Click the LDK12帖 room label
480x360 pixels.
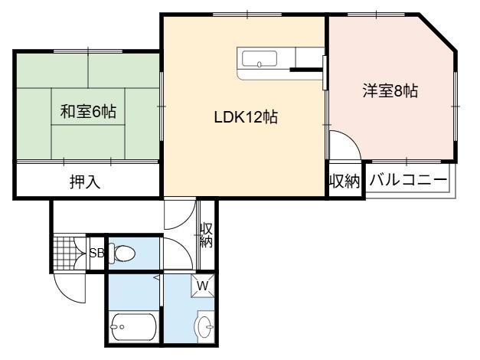coord(246,117)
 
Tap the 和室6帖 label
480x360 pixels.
coord(88,112)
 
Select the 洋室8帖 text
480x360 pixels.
coord(390,90)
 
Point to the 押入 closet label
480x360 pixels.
coord(85,182)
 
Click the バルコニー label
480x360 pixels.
coord(408,180)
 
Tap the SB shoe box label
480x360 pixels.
coord(96,253)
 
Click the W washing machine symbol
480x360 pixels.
coord(203,286)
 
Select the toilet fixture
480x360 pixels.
coord(122,253)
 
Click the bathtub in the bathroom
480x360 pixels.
coord(133,327)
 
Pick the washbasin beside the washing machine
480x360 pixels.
coord(205,326)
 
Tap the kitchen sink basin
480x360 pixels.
coord(260,58)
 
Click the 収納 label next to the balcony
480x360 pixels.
coord(344,181)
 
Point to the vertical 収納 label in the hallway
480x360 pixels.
coord(207,235)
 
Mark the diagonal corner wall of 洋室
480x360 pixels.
coord(438,31)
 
